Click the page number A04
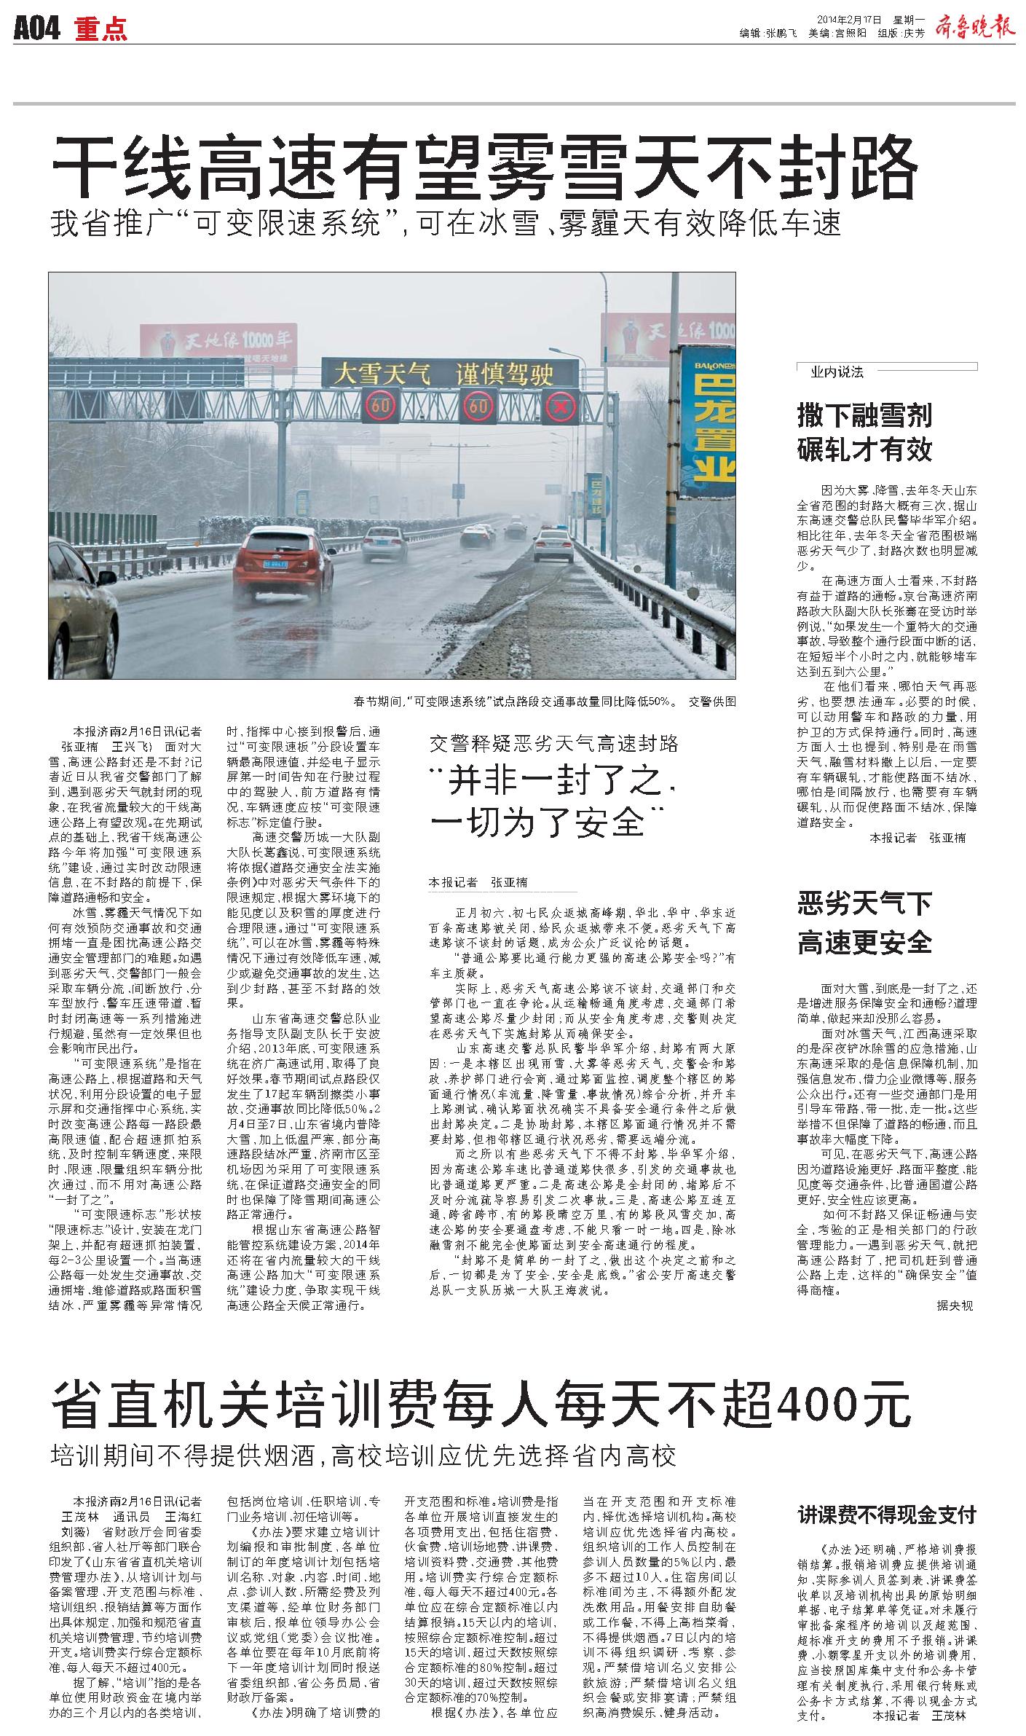[36, 28]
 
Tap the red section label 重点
[100, 28]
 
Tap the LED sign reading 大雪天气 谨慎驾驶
[442, 374]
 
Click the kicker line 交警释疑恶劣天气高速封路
[553, 743]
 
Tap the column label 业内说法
[837, 372]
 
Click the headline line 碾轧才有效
[864, 449]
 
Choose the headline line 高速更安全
[864, 943]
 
